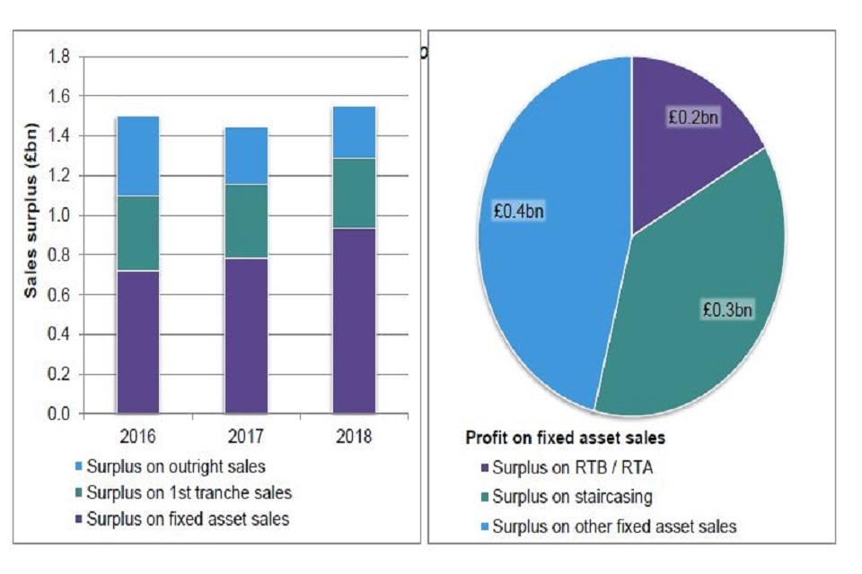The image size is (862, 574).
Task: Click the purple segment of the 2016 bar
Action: click(138, 342)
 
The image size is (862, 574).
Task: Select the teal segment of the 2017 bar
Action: click(246, 222)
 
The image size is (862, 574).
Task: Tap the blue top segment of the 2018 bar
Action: click(354, 132)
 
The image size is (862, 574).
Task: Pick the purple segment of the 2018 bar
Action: click(354, 321)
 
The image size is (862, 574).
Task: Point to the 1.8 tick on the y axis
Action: click(59, 57)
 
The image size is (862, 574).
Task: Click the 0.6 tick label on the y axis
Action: click(59, 295)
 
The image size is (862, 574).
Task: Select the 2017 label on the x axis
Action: click(246, 437)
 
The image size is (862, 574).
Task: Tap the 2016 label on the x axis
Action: click(138, 437)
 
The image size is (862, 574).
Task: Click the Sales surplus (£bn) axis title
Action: click(31, 234)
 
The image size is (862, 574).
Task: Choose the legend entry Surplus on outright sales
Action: click(175, 466)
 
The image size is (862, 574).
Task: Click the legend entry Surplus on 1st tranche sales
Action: click(189, 492)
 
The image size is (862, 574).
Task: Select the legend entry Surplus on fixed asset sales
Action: click(188, 518)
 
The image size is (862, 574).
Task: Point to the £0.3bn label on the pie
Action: click(727, 309)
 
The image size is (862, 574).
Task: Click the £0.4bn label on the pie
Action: click(519, 212)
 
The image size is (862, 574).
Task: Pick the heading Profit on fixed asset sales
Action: click(565, 439)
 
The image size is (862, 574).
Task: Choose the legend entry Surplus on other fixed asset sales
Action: click(614, 526)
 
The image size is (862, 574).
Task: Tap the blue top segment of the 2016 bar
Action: click(138, 156)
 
